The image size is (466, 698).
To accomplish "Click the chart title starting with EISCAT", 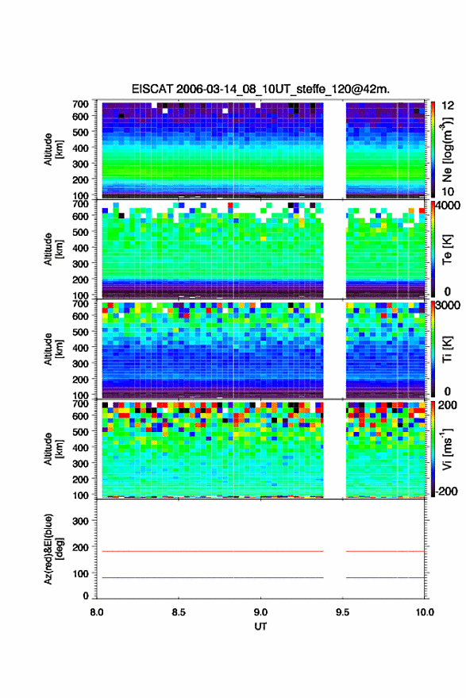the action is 260,89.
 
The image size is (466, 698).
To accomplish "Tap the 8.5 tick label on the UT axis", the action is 179,612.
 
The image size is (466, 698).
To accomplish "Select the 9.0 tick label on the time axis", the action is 260,612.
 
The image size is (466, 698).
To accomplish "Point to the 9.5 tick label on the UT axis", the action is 342,612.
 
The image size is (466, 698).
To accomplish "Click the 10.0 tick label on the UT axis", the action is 425,612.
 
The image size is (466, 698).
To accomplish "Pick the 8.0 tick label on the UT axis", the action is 97,612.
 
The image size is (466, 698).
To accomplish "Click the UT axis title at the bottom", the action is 260,627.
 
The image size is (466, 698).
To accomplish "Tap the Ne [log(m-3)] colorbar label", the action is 448,150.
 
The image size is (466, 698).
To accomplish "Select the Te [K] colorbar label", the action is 448,249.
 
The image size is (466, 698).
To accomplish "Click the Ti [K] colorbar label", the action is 448,349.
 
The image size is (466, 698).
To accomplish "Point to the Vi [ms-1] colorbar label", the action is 448,449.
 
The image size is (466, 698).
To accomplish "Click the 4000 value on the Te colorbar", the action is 448,206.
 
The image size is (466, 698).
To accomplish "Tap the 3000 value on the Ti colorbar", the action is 448,306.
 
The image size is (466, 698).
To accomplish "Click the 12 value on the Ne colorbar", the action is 449,106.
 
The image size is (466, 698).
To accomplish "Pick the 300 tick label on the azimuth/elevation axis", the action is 80,521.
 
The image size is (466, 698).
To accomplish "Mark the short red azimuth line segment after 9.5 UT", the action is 386,551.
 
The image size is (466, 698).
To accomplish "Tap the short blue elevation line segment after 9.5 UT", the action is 386,577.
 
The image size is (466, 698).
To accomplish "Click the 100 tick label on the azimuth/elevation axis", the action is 80,574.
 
